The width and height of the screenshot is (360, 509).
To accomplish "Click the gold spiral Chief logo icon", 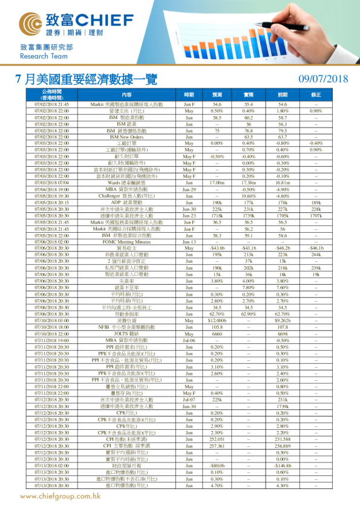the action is point(31,23).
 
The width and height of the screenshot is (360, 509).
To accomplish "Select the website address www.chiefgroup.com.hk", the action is point(60,496).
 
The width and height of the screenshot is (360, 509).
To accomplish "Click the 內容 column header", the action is point(126,94).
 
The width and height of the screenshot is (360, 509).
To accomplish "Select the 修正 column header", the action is point(316,94).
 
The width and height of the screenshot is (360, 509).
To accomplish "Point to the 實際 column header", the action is point(248,94).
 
